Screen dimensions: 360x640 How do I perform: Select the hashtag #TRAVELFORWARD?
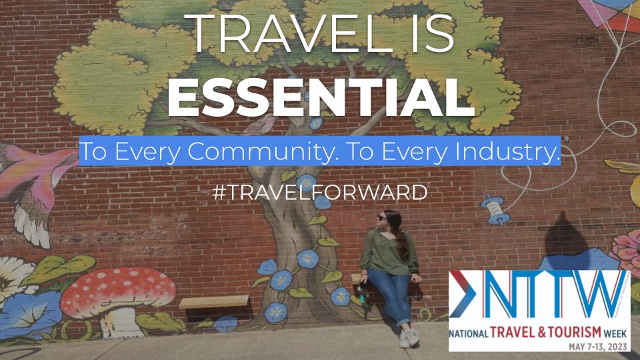coord(319,192)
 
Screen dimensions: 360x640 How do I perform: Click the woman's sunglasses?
coord(383,218)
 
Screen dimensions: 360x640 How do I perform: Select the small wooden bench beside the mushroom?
coord(213,301)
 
